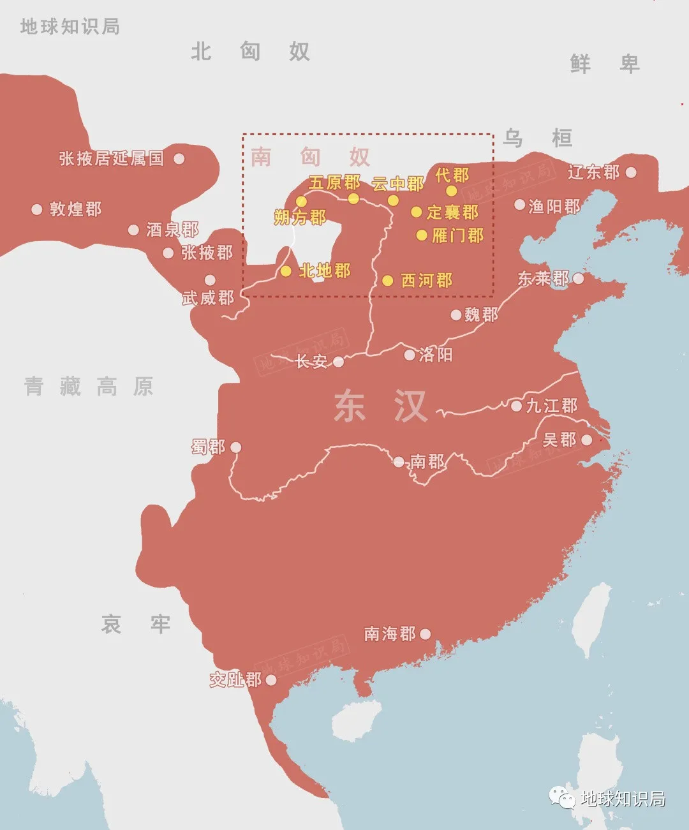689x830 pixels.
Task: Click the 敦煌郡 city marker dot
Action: tap(37, 209)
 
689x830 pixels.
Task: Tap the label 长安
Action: tap(311, 362)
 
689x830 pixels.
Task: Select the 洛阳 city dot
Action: tap(410, 355)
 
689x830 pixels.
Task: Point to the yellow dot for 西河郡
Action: tap(387, 281)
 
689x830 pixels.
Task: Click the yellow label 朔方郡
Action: tap(300, 218)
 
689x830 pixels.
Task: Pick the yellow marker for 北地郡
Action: tap(286, 271)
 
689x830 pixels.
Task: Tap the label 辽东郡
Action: tap(593, 172)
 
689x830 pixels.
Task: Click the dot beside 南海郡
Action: tap(426, 634)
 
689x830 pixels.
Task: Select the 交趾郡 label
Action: tap(235, 680)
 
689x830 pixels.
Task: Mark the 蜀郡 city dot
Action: tap(235, 448)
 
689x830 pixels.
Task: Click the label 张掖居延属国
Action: tap(112, 159)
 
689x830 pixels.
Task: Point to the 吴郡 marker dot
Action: tap(586, 440)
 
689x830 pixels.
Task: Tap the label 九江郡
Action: tap(552, 406)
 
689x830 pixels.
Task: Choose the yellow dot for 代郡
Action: tap(452, 191)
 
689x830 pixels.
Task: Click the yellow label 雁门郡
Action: tap(458, 235)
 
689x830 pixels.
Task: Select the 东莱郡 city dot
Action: tap(578, 279)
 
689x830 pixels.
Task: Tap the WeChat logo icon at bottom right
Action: tap(563, 797)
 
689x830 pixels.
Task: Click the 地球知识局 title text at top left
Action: tap(70, 27)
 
